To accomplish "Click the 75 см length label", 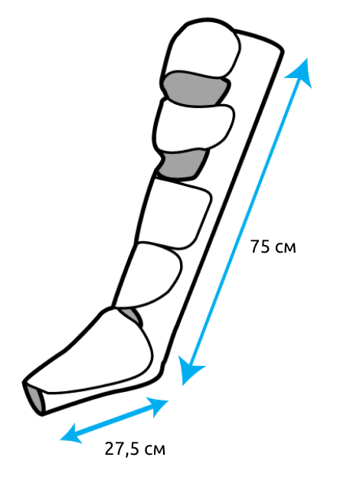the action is [x=273, y=247].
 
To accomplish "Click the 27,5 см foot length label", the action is [x=135, y=449].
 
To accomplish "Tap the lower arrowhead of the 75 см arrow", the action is [x=189, y=371].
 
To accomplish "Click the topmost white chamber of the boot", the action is [x=201, y=51].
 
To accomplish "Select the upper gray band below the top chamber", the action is [x=195, y=88].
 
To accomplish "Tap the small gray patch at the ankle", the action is [x=132, y=315].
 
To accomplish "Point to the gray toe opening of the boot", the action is [x=34, y=397].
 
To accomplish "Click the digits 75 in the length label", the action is [x=260, y=247].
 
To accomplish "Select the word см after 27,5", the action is [x=154, y=450].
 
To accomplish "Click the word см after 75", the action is [x=285, y=248].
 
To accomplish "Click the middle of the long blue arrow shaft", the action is [x=246, y=222].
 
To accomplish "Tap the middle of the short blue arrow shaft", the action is [x=114, y=420].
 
